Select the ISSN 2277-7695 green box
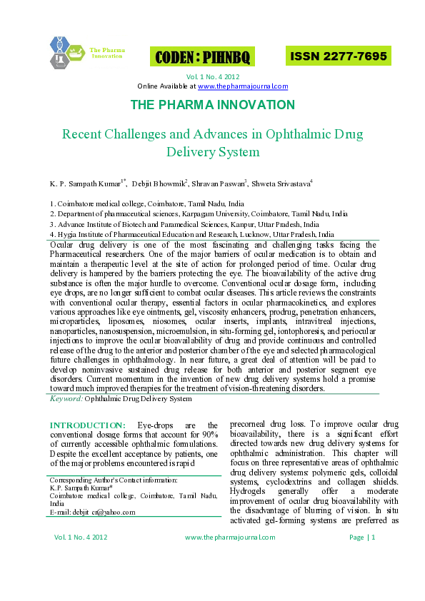point(337,56)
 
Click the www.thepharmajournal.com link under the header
point(243,86)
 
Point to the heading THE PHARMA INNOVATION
point(212,105)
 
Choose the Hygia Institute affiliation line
point(191,233)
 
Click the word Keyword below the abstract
point(66,398)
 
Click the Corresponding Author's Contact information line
point(114,480)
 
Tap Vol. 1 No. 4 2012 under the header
point(212,76)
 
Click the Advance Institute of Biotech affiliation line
point(184,223)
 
